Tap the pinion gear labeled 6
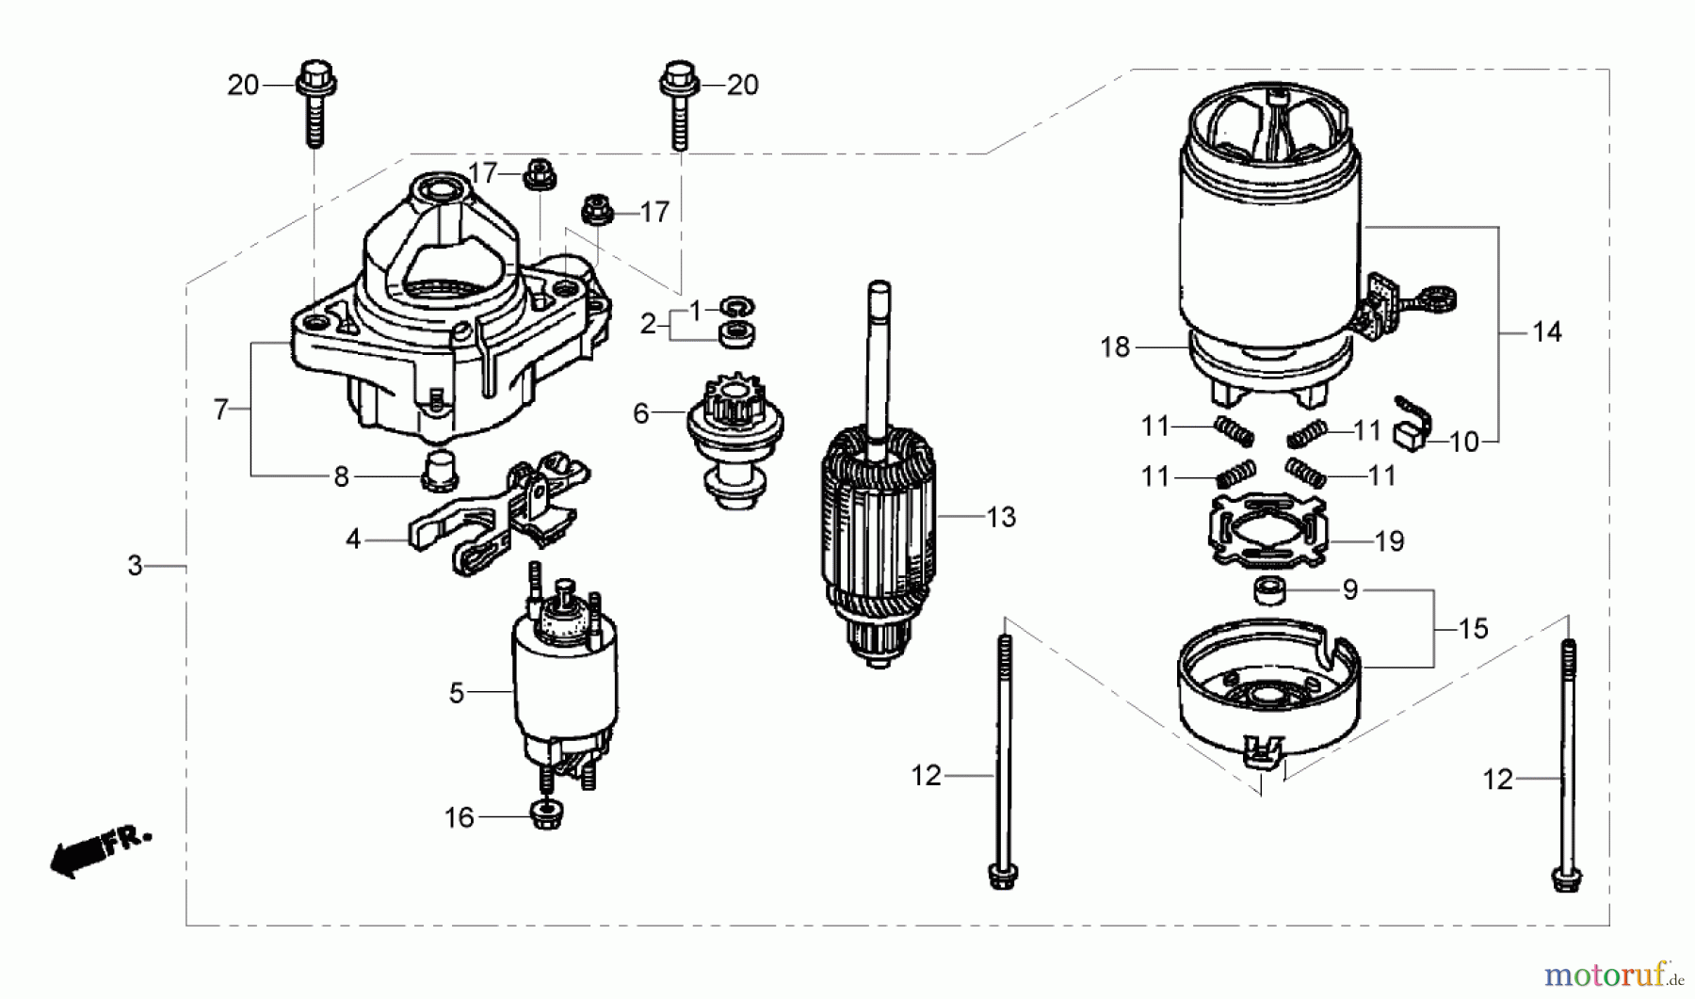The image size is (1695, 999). click(734, 443)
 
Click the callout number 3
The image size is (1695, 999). click(136, 566)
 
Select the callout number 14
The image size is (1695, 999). click(1546, 331)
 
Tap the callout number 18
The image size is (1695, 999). click(1114, 347)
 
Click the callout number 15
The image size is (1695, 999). click(1473, 628)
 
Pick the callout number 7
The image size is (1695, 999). click(220, 410)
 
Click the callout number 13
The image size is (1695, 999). click(1001, 517)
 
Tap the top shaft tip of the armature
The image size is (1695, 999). click(879, 288)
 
